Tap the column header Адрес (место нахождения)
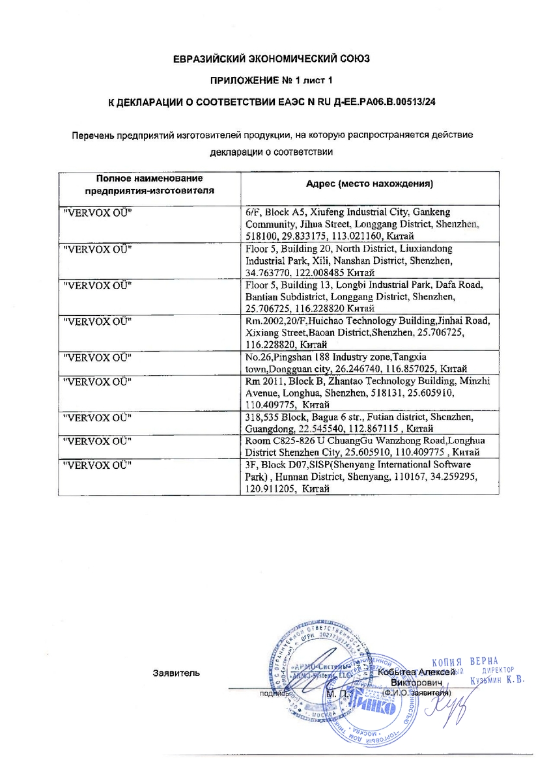coord(369,184)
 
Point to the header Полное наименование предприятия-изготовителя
coord(150,184)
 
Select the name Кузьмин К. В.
coord(496,681)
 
